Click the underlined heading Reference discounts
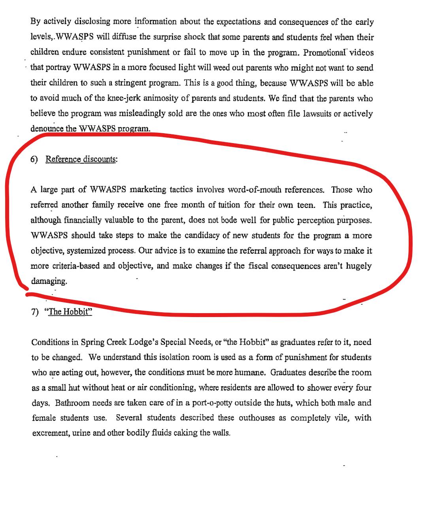click(81, 159)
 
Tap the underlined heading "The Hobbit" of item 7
click(70, 312)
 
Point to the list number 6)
click(34, 159)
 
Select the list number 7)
click(35, 312)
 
